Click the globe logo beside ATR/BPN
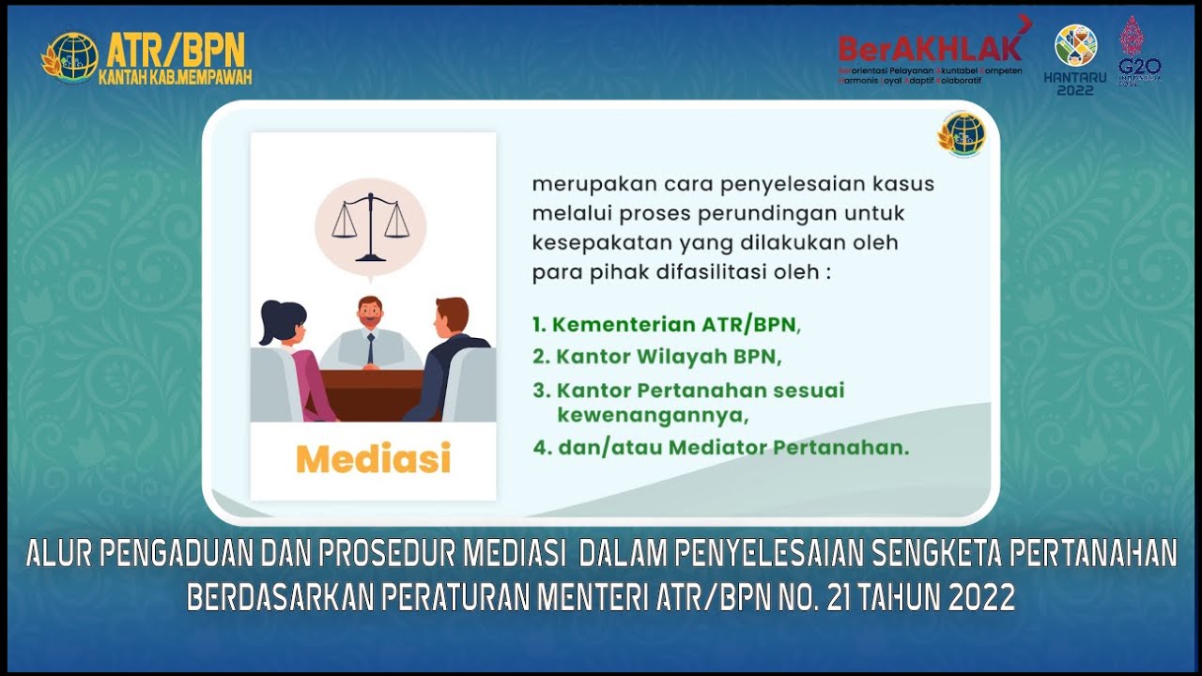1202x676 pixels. (71, 57)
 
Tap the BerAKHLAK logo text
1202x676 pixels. (930, 48)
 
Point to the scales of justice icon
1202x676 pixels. (370, 225)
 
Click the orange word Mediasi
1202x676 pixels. (373, 459)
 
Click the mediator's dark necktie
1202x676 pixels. (371, 348)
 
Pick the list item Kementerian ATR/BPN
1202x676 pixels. (667, 326)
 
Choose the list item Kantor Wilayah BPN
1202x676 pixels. (657, 358)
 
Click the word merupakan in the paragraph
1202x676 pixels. (578, 184)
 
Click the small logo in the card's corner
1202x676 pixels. (962, 135)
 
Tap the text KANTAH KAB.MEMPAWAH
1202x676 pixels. (175, 78)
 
